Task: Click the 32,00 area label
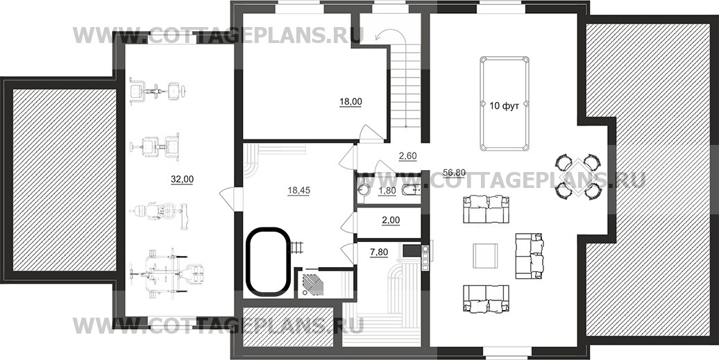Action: tap(182, 180)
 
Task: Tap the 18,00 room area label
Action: tap(350, 102)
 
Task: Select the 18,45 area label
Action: tap(298, 191)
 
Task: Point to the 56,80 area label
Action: tap(455, 173)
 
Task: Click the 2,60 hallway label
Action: tap(407, 156)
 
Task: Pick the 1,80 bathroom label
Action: tap(387, 191)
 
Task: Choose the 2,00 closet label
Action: tap(391, 221)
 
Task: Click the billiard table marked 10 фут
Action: tap(505, 103)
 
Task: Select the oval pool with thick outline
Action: tap(269, 261)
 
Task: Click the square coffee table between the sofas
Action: tap(485, 256)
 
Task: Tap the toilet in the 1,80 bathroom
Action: tap(410, 191)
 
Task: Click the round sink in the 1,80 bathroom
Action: tap(364, 191)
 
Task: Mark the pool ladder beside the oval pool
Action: tap(296, 247)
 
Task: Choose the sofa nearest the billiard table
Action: tap(486, 209)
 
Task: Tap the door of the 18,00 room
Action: tap(370, 132)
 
